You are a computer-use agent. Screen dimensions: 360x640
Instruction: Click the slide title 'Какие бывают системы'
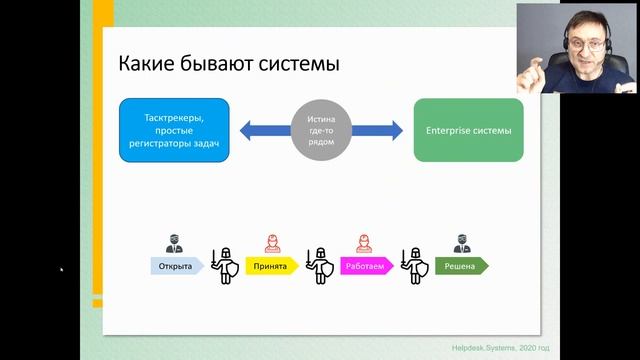pos(229,64)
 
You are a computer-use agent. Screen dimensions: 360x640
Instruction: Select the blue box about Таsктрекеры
pos(175,130)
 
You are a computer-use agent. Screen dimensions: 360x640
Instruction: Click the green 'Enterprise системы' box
pos(468,130)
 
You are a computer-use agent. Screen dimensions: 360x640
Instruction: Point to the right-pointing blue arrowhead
pos(397,130)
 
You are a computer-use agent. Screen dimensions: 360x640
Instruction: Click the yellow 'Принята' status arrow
pos(270,267)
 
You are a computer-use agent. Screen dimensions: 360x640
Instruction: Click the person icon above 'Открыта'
pos(172,245)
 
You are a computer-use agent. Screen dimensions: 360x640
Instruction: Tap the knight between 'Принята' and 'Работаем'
pos(319,264)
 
